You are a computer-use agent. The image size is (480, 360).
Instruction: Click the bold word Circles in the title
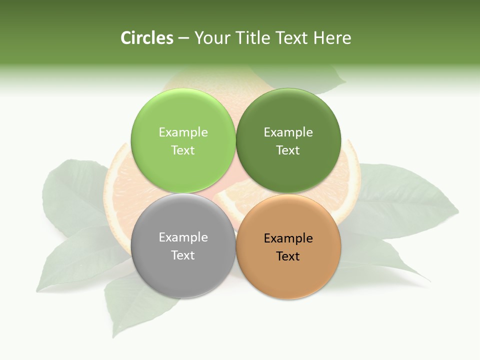pyautogui.click(x=147, y=38)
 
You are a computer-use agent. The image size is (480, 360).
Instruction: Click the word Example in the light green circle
pyautogui.click(x=183, y=132)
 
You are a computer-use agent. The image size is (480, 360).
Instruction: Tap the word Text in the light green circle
pyautogui.click(x=183, y=150)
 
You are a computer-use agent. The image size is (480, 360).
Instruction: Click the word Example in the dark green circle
pyautogui.click(x=288, y=132)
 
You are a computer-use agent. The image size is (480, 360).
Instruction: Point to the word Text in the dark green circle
pyautogui.click(x=288, y=150)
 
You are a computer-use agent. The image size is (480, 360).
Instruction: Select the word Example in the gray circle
pyautogui.click(x=183, y=237)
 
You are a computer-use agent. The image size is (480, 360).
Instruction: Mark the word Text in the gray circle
pyautogui.click(x=183, y=255)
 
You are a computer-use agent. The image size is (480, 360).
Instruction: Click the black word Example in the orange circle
pyautogui.click(x=288, y=238)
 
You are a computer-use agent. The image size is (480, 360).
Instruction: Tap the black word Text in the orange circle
pyautogui.click(x=288, y=256)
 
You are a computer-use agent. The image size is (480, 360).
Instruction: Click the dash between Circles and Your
pyautogui.click(x=183, y=38)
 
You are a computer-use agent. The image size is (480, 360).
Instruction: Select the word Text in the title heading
pyautogui.click(x=292, y=38)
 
